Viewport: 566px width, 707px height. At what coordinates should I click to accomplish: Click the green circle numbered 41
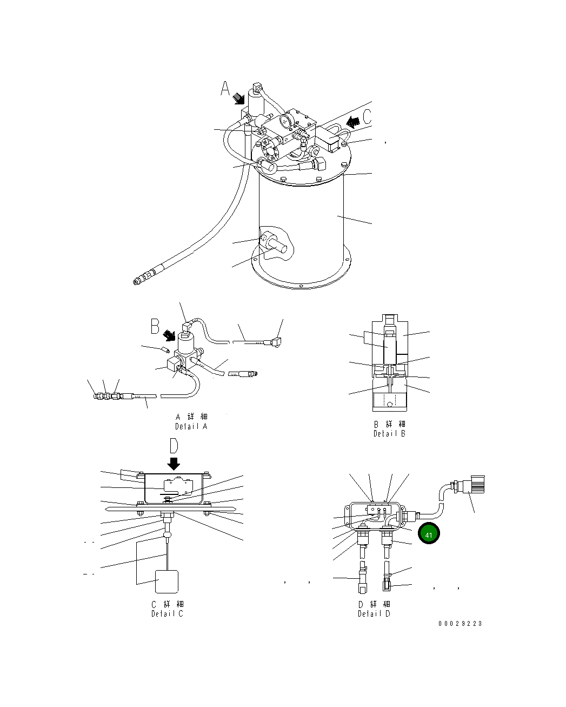click(x=429, y=534)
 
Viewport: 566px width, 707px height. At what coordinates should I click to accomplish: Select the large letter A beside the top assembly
click(x=226, y=89)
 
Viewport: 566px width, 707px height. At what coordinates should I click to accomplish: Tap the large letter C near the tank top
click(x=368, y=116)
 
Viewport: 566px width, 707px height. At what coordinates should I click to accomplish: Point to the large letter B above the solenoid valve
click(x=155, y=326)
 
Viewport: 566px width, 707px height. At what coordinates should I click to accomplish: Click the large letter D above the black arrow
click(x=174, y=446)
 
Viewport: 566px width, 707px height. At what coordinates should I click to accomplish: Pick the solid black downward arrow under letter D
click(x=174, y=464)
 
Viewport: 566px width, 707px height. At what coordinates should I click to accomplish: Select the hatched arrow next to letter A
click(x=238, y=98)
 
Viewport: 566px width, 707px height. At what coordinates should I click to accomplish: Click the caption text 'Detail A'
click(x=191, y=426)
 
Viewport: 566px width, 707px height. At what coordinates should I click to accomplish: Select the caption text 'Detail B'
click(x=389, y=433)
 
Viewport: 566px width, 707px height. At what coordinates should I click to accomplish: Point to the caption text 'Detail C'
click(x=167, y=613)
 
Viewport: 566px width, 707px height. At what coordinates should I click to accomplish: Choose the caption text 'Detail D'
click(x=374, y=613)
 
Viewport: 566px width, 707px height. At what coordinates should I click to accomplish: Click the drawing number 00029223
click(x=460, y=623)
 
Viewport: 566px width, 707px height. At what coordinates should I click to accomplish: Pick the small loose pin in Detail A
click(x=164, y=349)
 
